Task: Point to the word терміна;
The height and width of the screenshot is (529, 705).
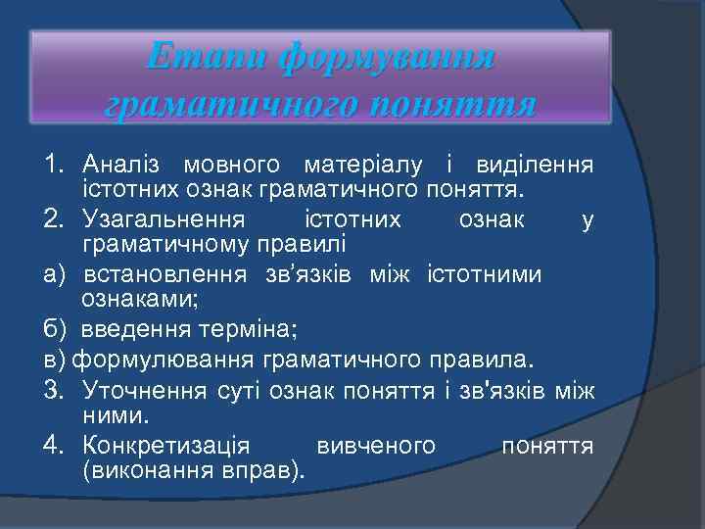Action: [x=229, y=326]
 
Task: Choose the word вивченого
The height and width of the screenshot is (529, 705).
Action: [x=376, y=447]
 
